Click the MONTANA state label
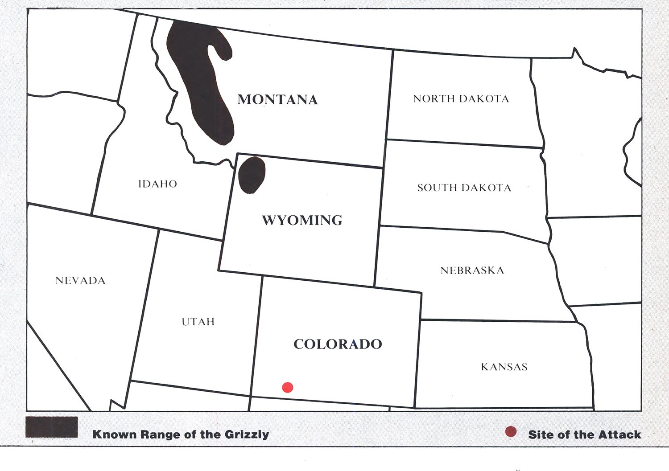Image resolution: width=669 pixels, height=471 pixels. click(277, 99)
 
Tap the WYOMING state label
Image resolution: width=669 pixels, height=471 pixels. click(302, 220)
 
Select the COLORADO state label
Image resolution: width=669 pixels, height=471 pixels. click(338, 344)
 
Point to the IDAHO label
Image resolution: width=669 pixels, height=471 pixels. click(157, 184)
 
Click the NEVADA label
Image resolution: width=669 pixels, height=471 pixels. click(80, 281)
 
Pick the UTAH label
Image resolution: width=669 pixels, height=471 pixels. click(198, 322)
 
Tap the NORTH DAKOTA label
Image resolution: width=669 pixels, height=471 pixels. click(461, 99)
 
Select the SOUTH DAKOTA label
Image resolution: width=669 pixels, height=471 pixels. click(464, 188)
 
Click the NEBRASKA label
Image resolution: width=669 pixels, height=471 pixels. click(472, 270)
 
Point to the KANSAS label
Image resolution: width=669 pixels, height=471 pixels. click(504, 367)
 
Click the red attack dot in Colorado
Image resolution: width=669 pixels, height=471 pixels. click(288, 387)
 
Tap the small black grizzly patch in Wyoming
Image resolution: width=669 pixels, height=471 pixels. click(252, 175)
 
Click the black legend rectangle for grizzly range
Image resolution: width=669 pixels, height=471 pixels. click(51, 427)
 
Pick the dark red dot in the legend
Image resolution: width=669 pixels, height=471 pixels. click(511, 431)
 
